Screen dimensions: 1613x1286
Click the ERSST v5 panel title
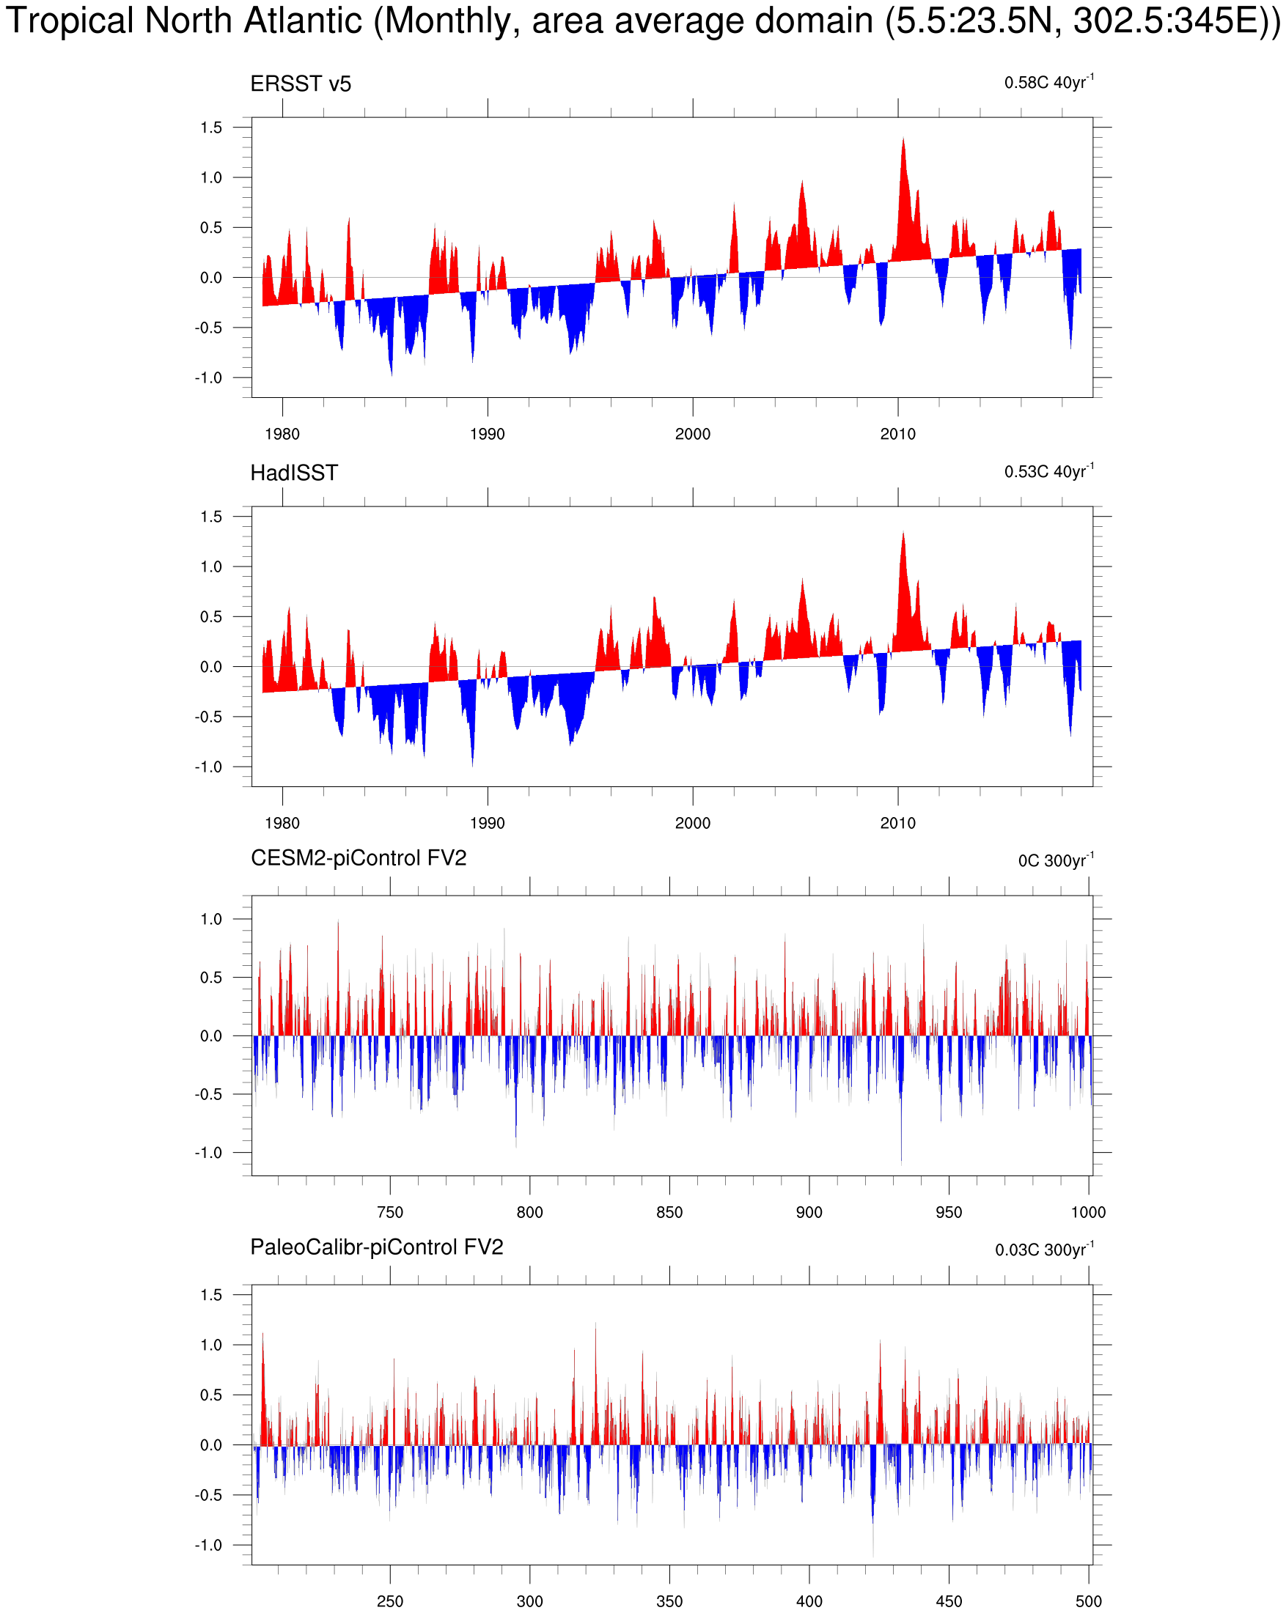tap(300, 84)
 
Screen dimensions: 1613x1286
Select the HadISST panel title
tap(293, 473)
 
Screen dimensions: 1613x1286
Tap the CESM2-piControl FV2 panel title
tap(358, 858)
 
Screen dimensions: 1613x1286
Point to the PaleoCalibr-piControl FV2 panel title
tap(377, 1247)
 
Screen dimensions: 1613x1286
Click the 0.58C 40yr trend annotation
tap(1048, 82)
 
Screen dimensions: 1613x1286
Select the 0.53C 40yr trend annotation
tap(1048, 471)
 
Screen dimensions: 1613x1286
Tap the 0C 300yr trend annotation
tap(1055, 860)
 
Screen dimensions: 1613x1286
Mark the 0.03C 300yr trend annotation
tap(1043, 1250)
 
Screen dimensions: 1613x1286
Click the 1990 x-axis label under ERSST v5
tap(488, 434)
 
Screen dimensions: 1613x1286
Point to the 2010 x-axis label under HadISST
tap(897, 823)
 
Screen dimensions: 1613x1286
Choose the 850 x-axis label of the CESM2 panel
tap(669, 1212)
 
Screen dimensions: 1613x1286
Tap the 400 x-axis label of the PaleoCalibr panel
tap(809, 1601)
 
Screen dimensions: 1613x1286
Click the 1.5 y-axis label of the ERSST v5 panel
tap(211, 128)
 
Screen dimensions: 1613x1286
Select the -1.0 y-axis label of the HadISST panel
tap(208, 767)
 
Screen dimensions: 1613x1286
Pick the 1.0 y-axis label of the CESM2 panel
tap(211, 919)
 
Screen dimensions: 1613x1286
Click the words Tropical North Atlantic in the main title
tap(184, 21)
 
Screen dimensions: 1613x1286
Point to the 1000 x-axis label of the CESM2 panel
tap(1087, 1212)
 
